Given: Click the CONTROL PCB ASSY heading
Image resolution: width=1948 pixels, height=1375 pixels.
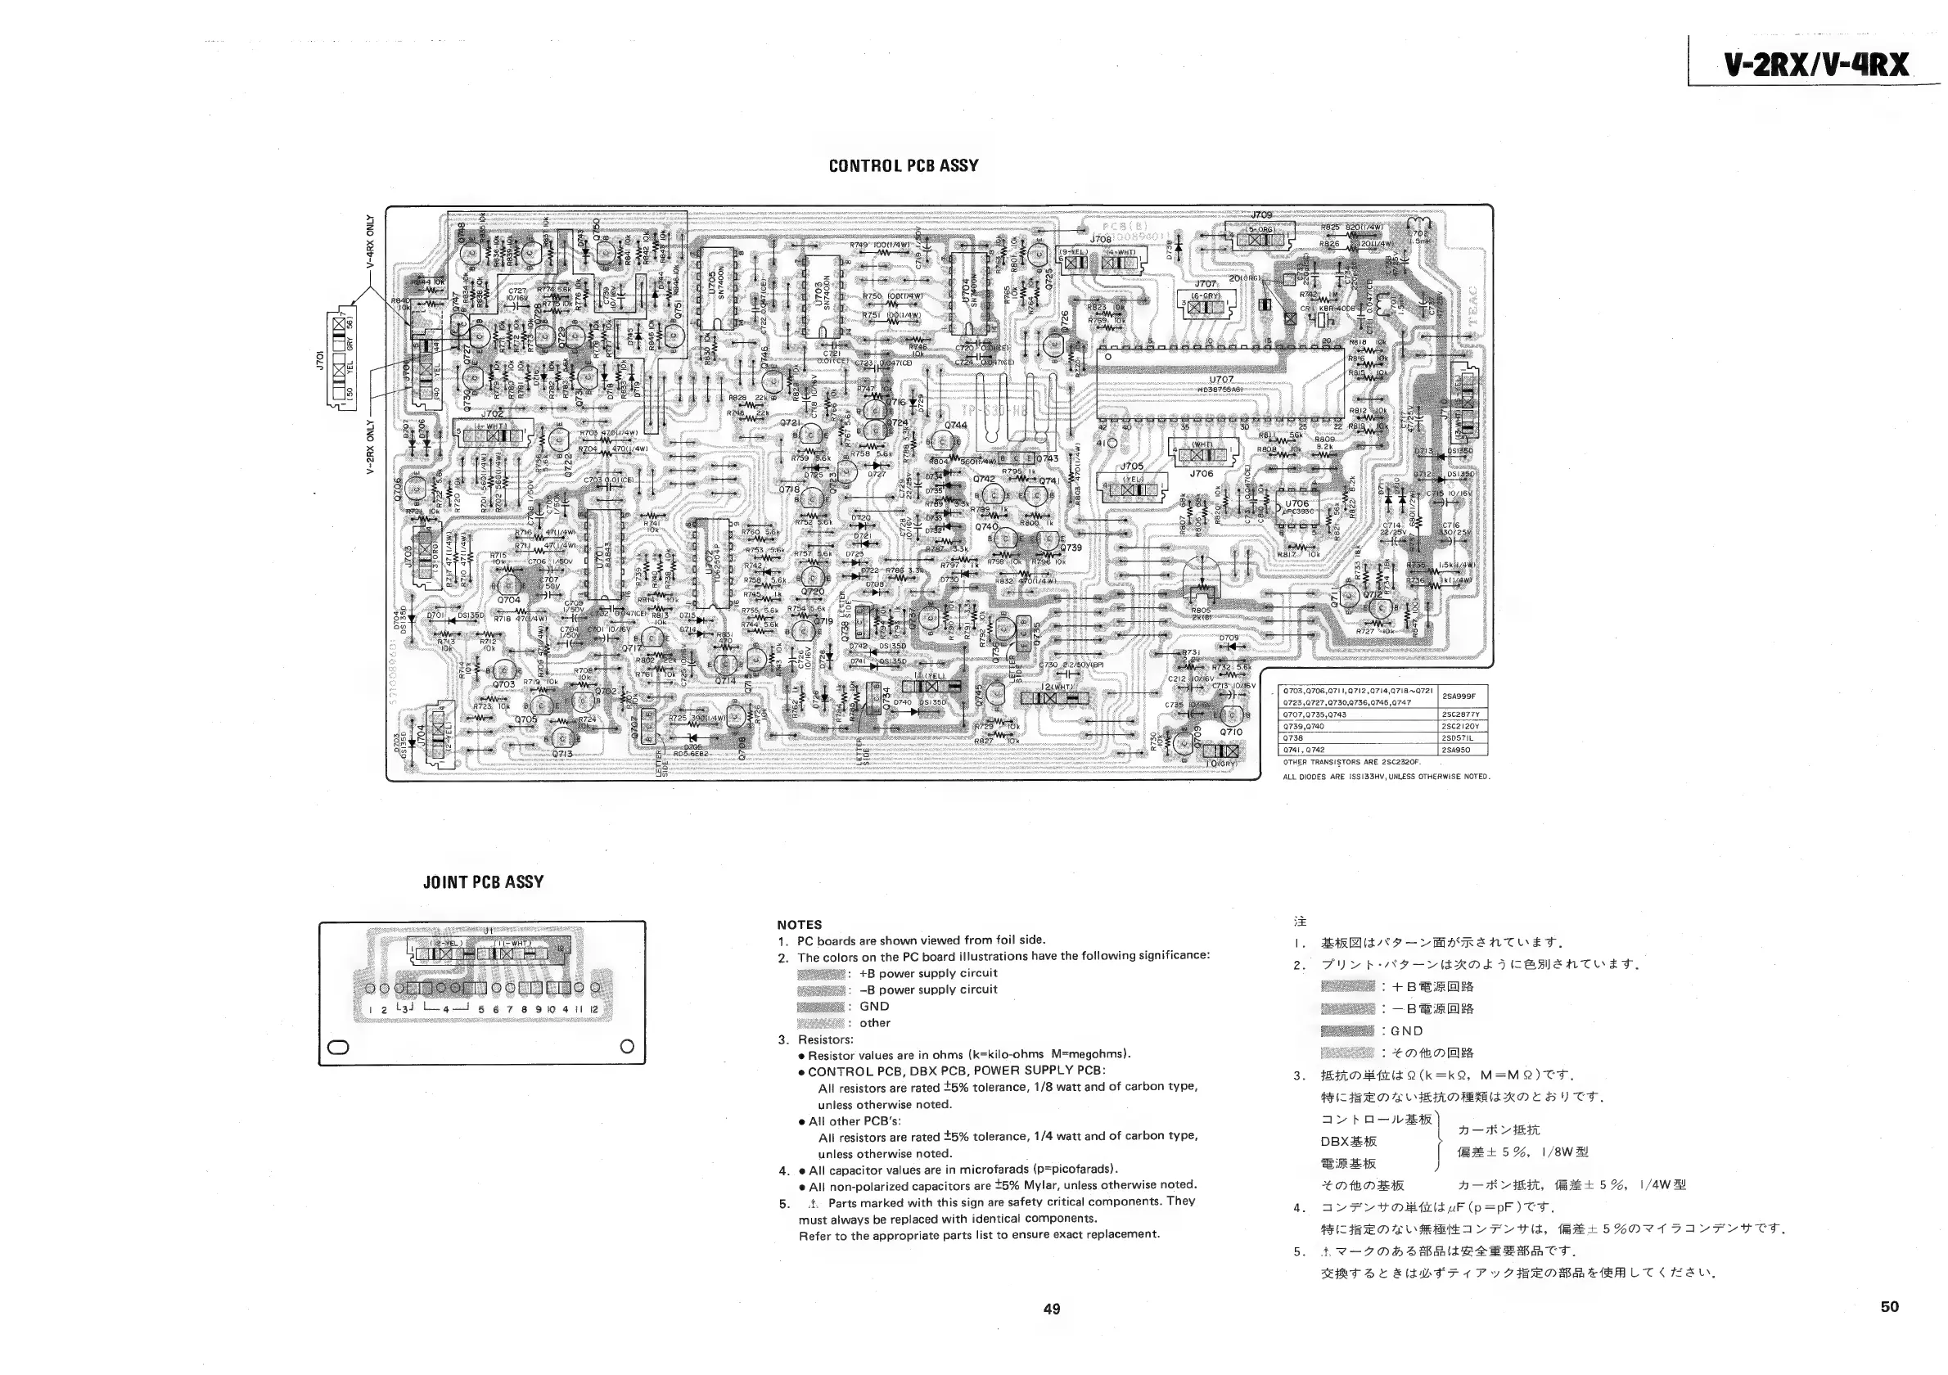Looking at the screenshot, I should (x=903, y=165).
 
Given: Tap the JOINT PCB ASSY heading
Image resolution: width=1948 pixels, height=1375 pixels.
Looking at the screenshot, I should (x=483, y=882).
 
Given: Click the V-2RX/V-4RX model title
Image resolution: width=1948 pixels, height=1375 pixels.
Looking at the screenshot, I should (x=1815, y=65).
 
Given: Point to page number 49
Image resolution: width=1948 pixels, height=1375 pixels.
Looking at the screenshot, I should (x=1051, y=1309).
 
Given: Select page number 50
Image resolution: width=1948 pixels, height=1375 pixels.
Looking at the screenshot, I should (x=1889, y=1306).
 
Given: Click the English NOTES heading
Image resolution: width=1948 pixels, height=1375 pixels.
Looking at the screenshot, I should (x=799, y=925).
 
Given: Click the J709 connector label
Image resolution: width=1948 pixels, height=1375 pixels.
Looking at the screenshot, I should (x=1261, y=215).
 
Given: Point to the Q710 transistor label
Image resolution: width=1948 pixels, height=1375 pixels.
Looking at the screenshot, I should (x=1230, y=731).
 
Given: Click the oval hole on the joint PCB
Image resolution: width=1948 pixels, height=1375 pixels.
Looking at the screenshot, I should (x=338, y=1046).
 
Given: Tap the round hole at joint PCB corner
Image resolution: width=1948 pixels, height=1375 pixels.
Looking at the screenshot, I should (x=627, y=1046).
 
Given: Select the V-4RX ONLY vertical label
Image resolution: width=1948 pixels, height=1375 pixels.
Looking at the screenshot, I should (x=371, y=241).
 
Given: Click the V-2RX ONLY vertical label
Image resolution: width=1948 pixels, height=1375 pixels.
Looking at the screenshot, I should (x=371, y=446).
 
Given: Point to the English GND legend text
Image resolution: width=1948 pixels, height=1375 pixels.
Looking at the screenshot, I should (x=874, y=1006).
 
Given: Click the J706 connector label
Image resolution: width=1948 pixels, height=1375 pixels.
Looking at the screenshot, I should (x=1201, y=474).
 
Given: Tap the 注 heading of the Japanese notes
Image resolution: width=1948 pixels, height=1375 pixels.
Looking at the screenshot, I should (x=1300, y=922).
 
